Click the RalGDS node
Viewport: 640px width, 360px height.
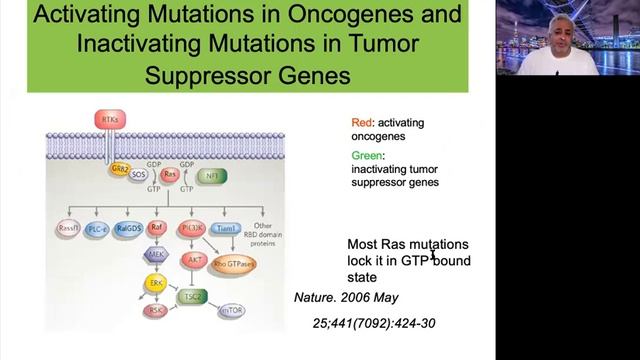tap(128, 229)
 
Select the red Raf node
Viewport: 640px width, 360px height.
tap(156, 228)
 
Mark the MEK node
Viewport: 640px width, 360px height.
tap(156, 256)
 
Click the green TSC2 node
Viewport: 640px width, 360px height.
tap(192, 298)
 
